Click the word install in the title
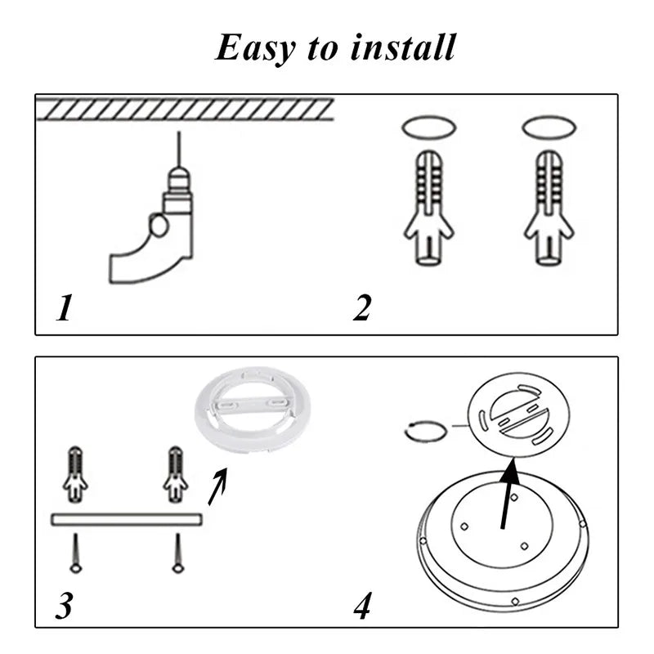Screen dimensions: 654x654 (402, 47)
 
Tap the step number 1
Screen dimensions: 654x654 (64, 308)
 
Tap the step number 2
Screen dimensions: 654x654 (362, 308)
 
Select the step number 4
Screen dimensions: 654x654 (363, 606)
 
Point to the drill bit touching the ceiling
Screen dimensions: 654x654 (178, 147)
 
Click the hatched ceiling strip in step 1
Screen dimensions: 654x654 (185, 109)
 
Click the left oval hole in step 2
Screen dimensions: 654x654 (428, 128)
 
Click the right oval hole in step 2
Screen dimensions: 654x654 (549, 128)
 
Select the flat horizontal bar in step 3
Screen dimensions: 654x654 (126, 519)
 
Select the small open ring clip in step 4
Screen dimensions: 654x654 (426, 432)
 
